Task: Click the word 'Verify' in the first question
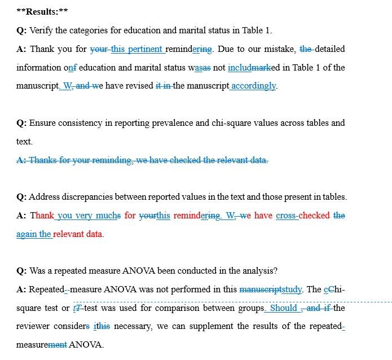click(x=41, y=30)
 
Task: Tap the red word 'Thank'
click(x=42, y=216)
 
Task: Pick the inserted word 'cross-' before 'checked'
click(x=287, y=216)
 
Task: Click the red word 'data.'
click(x=93, y=234)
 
